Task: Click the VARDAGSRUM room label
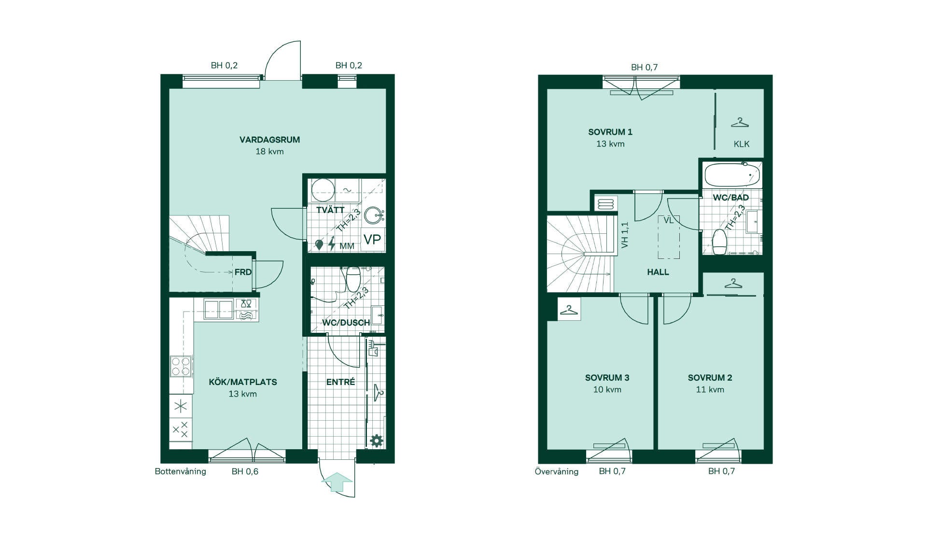point(269,140)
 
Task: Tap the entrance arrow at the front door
point(337,482)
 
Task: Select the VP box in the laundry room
point(372,239)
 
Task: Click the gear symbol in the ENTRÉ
point(377,441)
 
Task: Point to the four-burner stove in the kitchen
point(181,366)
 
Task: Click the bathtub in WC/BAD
point(733,175)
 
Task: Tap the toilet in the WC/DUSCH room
point(353,279)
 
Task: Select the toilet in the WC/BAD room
point(719,241)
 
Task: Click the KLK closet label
point(742,144)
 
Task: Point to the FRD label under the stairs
point(243,272)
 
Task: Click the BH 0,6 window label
point(245,471)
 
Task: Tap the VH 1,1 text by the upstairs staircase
point(625,235)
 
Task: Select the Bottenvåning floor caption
point(180,471)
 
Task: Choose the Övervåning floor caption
point(556,471)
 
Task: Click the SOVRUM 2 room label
point(710,378)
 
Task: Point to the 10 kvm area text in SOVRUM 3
point(607,389)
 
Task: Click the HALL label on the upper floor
point(658,272)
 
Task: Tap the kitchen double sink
point(219,309)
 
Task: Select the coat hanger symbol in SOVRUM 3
point(569,310)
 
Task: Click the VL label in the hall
point(668,220)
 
